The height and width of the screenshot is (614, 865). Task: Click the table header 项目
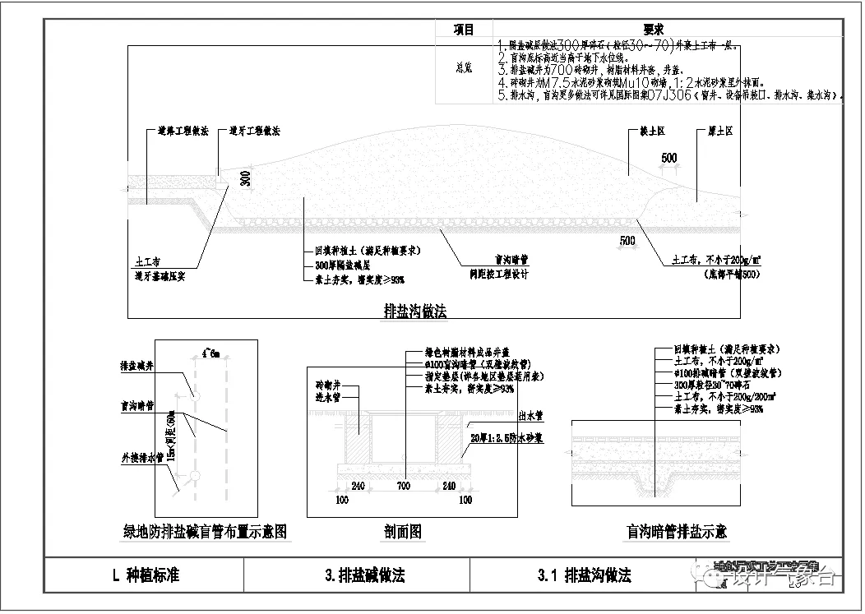coord(464,30)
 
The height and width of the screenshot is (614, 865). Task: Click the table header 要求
coord(654,30)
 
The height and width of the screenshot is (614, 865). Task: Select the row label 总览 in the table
coord(464,69)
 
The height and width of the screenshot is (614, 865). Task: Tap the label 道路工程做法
coord(183,131)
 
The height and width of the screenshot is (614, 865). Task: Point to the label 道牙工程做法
coord(255,131)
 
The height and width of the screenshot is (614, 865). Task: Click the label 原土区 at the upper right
coord(720,132)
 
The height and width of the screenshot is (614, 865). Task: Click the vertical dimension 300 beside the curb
coord(245,179)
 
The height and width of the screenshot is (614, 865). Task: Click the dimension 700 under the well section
coord(402,487)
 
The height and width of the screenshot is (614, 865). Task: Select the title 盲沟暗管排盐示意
coord(676,532)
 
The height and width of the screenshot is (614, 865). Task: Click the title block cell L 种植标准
coord(146,575)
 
